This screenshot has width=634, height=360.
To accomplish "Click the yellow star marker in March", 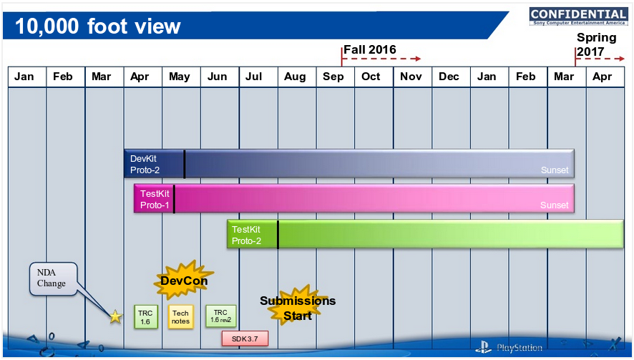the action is pyautogui.click(x=116, y=316).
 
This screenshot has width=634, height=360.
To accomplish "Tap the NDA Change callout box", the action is pyautogui.click(x=53, y=278).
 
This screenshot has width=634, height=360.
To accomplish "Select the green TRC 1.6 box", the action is pyautogui.click(x=145, y=317).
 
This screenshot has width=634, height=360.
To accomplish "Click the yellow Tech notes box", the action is pyautogui.click(x=180, y=317).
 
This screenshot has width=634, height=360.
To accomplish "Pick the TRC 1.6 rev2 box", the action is pyautogui.click(x=221, y=316).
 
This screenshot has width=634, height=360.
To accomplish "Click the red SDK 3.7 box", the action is pyautogui.click(x=245, y=339).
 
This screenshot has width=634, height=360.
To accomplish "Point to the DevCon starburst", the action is pyautogui.click(x=184, y=281).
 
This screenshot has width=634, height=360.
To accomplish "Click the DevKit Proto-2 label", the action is pyautogui.click(x=145, y=164).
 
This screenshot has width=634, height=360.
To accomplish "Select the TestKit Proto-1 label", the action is pyautogui.click(x=155, y=200).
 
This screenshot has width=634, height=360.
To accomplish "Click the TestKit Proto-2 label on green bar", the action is pyautogui.click(x=246, y=235).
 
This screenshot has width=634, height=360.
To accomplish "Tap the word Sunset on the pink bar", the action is pyautogui.click(x=555, y=205).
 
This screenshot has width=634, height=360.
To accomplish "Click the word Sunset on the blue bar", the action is pyautogui.click(x=555, y=170).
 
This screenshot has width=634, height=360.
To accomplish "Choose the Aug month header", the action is pyautogui.click(x=295, y=77).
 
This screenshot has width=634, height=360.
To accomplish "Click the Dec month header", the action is pyautogui.click(x=449, y=77).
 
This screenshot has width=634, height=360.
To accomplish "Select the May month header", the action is pyautogui.click(x=180, y=77).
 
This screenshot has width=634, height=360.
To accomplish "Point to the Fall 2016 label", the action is pyautogui.click(x=369, y=50).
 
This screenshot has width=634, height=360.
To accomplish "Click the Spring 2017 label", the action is pyautogui.click(x=596, y=44).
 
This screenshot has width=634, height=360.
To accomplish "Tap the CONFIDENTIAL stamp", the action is pyautogui.click(x=579, y=16).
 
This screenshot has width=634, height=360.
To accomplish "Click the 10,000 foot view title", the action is pyautogui.click(x=98, y=26).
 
